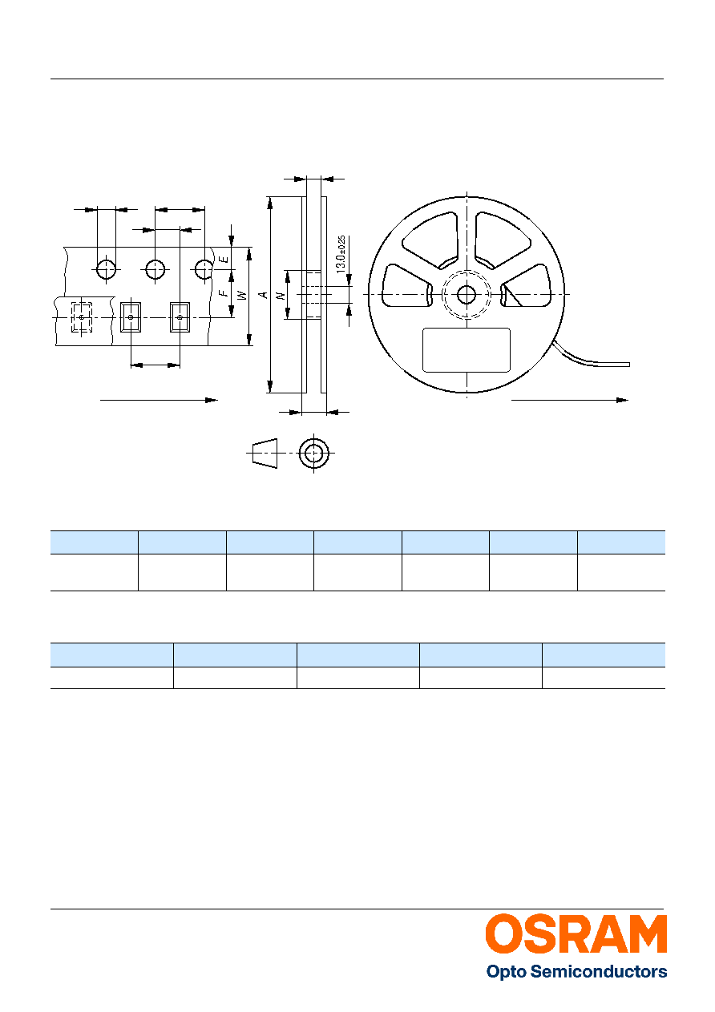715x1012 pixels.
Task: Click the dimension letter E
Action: click(224, 260)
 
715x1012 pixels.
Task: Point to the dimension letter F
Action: click(224, 293)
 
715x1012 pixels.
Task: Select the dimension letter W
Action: click(243, 295)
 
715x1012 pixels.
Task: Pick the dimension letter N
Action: click(281, 296)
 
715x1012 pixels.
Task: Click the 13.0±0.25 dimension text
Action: click(341, 254)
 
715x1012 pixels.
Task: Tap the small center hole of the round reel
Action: click(467, 295)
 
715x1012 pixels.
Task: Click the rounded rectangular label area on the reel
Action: click(467, 350)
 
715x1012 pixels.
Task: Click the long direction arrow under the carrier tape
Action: click(159, 400)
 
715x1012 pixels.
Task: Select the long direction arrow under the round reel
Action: click(569, 400)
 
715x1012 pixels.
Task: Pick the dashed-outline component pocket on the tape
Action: click(82, 317)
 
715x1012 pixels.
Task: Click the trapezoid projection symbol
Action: click(265, 453)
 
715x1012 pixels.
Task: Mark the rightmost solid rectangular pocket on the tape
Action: click(180, 317)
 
